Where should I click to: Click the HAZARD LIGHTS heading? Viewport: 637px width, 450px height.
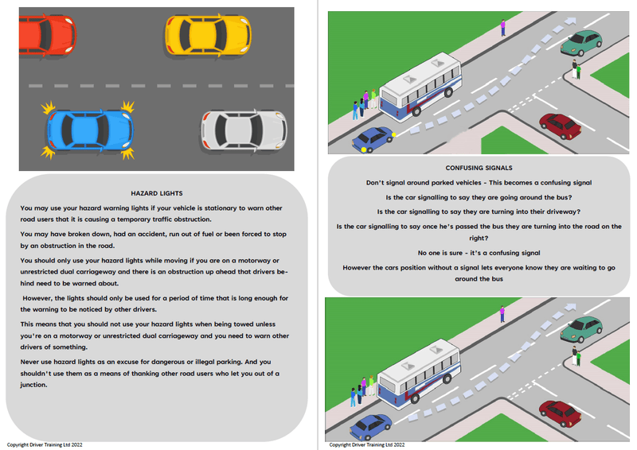click(156, 193)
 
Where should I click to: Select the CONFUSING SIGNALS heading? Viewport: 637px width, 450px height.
click(479, 168)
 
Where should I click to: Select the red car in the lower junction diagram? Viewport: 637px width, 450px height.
click(560, 413)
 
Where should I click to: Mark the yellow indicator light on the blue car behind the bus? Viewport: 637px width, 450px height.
click(363, 148)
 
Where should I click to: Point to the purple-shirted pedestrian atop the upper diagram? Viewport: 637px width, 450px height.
click(503, 28)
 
